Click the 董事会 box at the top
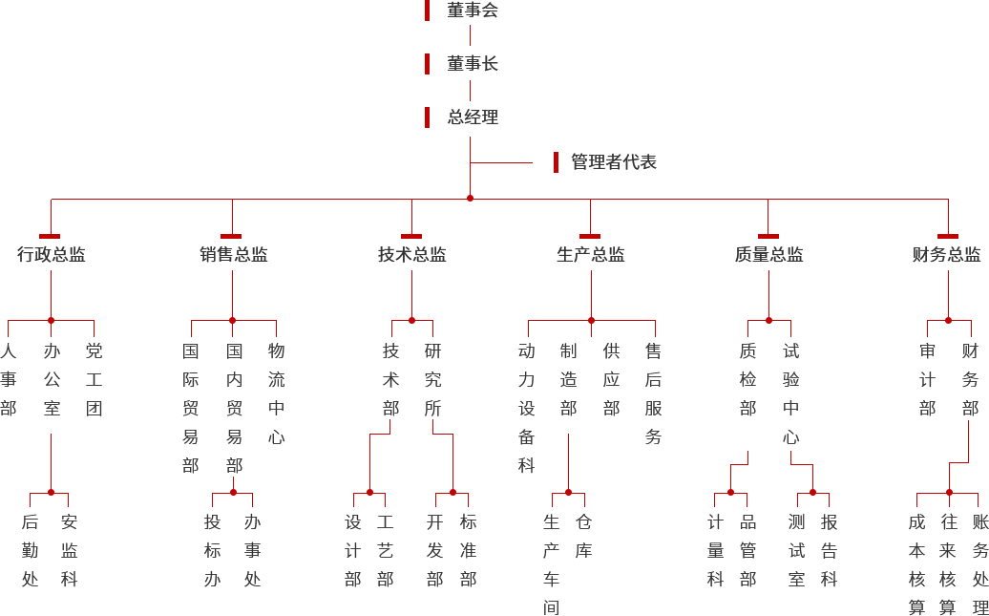coord(473,11)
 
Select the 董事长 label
coord(473,64)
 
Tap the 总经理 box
coord(473,117)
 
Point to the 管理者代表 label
coord(613,162)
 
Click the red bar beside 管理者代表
coord(556,162)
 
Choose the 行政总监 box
coord(52,254)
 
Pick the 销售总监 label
coord(233,254)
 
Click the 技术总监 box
coord(411,254)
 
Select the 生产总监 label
coord(590,254)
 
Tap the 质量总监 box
coord(768,254)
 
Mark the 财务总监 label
coord(946,254)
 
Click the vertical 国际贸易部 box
coord(190,408)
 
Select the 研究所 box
coord(432,379)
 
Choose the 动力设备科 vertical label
coord(527,408)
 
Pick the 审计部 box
coord(927,379)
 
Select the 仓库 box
coord(583,536)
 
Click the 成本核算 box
coord(916,564)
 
